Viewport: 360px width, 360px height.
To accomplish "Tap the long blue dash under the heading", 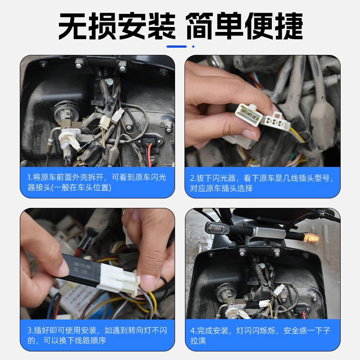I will [x=176, y=46].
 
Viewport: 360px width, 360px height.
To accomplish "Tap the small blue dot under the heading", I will [x=193, y=46].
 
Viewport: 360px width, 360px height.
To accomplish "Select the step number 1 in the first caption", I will [x=29, y=177].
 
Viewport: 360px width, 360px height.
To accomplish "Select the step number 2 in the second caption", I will [x=192, y=178].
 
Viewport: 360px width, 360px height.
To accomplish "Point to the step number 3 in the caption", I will [x=30, y=331].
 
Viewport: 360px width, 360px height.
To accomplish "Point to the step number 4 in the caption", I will [x=193, y=331].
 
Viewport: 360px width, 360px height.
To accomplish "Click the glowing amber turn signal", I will [x=311, y=237].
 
